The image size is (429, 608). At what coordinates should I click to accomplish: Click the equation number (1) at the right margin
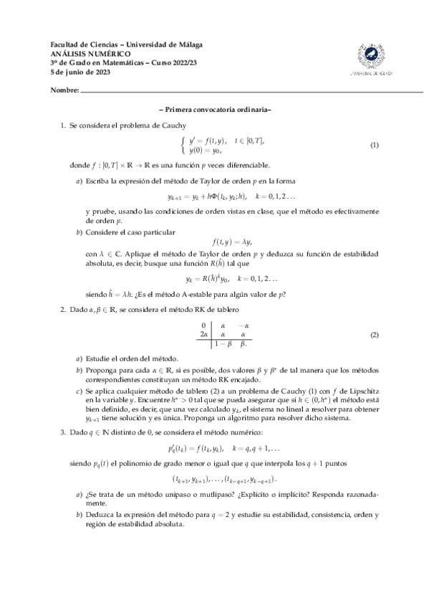point(374,146)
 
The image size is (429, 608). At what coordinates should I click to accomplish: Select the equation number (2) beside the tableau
point(374,336)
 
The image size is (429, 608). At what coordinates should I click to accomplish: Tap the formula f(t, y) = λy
point(233,242)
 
